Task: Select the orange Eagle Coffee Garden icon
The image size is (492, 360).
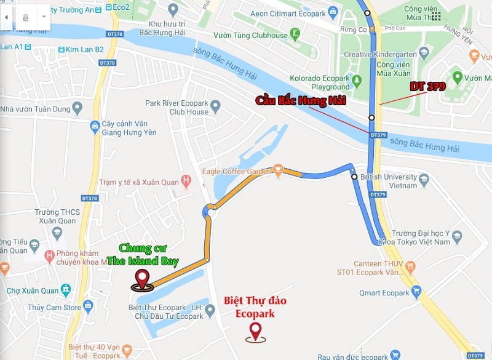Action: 279,167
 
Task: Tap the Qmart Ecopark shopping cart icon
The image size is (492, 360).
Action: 417,292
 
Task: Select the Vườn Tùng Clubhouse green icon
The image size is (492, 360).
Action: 296,33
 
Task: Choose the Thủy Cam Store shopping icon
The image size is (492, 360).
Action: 89,305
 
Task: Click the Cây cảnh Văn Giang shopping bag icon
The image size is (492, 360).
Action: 95,126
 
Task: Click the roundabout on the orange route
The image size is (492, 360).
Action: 208,212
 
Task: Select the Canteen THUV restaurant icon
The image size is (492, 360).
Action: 411,266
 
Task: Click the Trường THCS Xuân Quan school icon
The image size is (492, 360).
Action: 57,233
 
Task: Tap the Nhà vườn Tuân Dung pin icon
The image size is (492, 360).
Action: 77,108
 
